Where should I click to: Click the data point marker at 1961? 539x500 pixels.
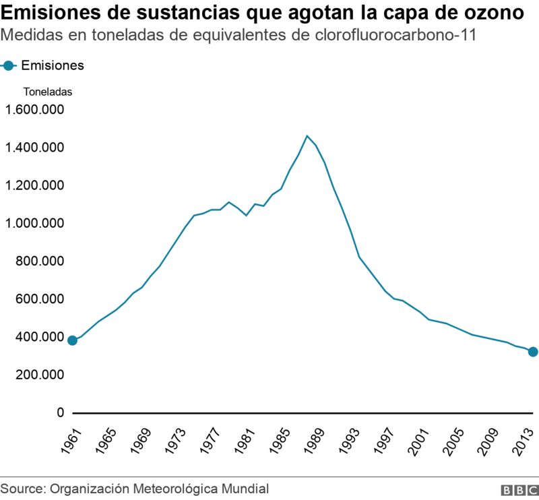[72, 340]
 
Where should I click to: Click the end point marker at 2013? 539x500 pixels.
[532, 351]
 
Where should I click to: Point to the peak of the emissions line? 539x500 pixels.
[307, 136]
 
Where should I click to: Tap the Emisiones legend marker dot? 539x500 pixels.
[9, 65]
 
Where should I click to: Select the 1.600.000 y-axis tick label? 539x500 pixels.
[34, 110]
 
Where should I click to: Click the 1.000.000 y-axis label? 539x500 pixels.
[34, 223]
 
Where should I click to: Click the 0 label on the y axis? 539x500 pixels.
[59, 412]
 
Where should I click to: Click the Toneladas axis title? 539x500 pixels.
[47, 92]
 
